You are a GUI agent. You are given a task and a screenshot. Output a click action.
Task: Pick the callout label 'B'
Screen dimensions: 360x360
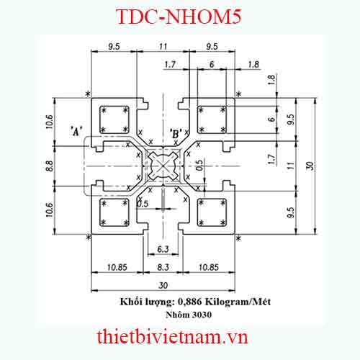point(175,132)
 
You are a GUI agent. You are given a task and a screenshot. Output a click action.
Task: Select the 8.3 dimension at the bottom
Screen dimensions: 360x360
point(163,267)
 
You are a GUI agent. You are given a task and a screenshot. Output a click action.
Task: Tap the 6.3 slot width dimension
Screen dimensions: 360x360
point(163,249)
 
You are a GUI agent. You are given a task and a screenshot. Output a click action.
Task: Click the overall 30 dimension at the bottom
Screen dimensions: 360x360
point(163,284)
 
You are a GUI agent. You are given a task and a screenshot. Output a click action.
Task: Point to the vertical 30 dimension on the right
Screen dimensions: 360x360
point(310,166)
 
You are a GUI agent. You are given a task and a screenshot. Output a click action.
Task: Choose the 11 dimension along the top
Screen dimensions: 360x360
point(163,46)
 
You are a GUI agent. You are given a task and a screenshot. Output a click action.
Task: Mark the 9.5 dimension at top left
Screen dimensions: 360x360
point(114,46)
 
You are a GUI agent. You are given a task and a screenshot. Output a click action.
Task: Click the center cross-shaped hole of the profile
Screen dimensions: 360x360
point(164,166)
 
